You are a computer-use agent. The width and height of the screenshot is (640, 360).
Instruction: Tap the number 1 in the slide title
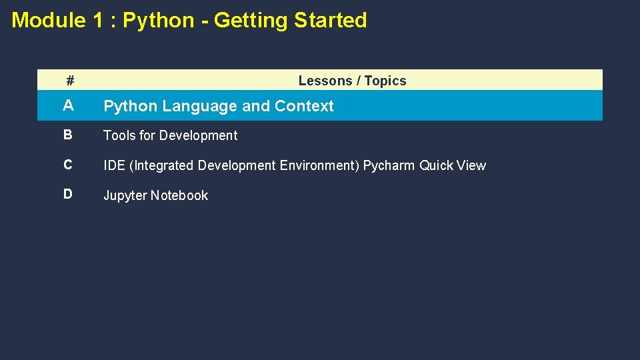point(98,20)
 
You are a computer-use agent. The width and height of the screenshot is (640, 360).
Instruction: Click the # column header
point(70,81)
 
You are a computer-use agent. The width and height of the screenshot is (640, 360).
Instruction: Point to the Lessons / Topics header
point(352,81)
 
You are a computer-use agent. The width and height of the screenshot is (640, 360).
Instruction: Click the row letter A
point(68,106)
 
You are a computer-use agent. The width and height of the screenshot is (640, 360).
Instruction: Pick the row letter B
point(68,135)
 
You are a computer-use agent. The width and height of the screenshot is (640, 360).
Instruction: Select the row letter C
point(68,165)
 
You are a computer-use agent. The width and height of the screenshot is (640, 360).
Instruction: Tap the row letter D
point(68,195)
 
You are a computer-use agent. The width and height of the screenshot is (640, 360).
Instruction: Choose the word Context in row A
point(304,106)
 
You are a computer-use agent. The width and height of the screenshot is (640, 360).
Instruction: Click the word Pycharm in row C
point(389,165)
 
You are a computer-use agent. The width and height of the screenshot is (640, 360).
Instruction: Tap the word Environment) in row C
point(319,165)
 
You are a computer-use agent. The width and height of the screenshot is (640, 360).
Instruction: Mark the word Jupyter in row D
point(125,195)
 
